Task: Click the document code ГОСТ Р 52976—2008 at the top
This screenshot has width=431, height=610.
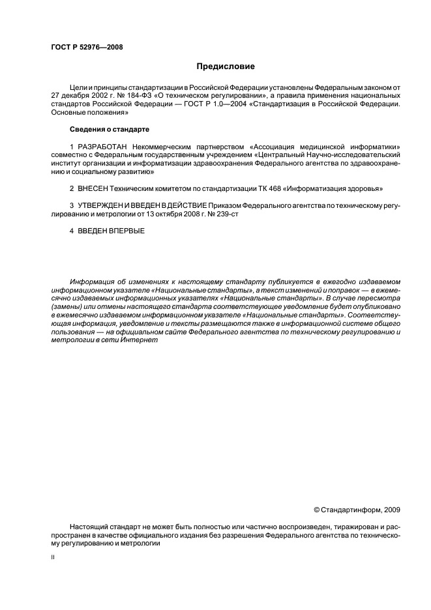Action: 87,47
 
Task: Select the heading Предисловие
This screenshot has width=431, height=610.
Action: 226,66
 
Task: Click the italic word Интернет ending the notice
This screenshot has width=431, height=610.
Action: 132,340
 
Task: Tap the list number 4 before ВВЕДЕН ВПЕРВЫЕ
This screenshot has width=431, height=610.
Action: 71,231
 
